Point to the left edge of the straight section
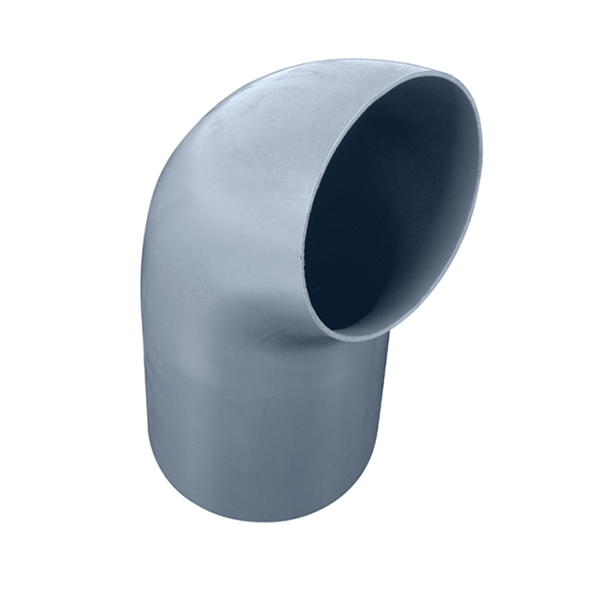[144, 379]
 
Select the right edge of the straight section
[389, 396]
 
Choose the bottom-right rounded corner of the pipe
[371, 476]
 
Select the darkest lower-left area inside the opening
[337, 278]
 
